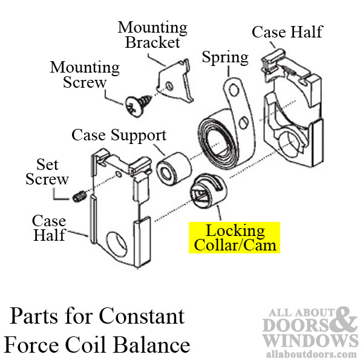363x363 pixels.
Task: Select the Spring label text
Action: (x=225, y=57)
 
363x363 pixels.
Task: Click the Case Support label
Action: (x=119, y=134)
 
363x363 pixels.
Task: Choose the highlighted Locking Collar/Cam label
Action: (x=235, y=237)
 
